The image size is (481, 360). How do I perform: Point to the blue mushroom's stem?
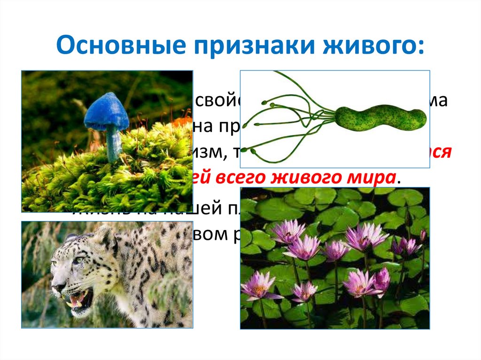pyautogui.click(x=113, y=144)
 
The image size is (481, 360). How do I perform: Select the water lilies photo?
pyautogui.click(x=335, y=258)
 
